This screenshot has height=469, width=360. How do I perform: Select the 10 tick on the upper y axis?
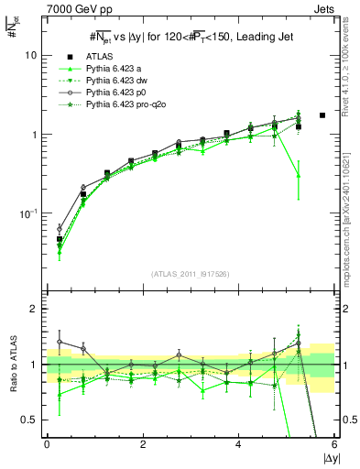tap(31, 55)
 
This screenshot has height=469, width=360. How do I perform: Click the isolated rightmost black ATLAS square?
tap(322, 115)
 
